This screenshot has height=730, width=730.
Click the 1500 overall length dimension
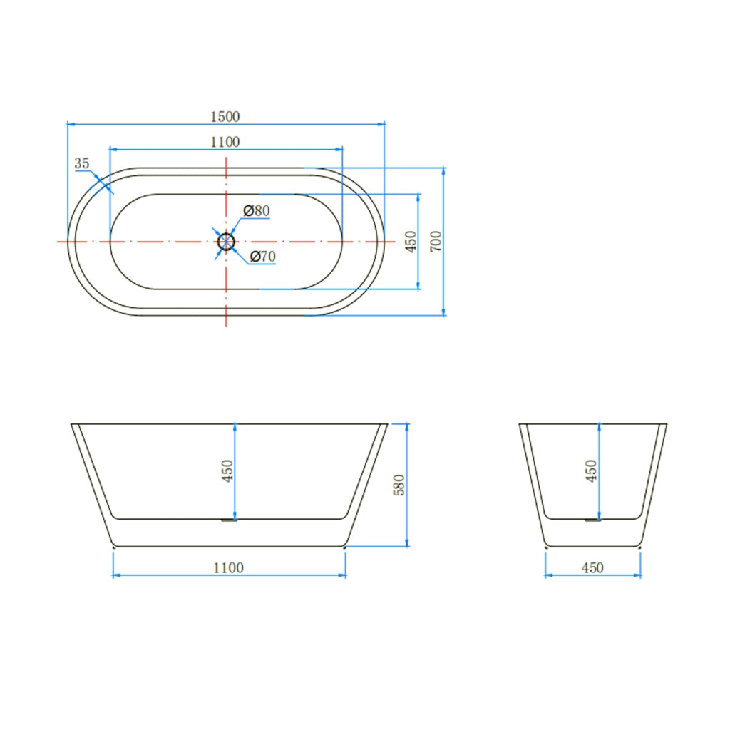point(225,116)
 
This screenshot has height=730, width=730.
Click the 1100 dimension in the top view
point(225,142)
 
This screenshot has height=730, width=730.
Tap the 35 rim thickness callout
point(81,163)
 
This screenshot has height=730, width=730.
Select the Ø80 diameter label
point(257,210)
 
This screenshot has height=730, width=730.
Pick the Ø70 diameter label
point(262,256)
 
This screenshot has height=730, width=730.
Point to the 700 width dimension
point(436,241)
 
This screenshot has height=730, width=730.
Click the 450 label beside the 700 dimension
point(410,241)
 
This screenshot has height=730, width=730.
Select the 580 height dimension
point(399,485)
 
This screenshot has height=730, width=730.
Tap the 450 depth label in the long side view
point(227,471)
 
